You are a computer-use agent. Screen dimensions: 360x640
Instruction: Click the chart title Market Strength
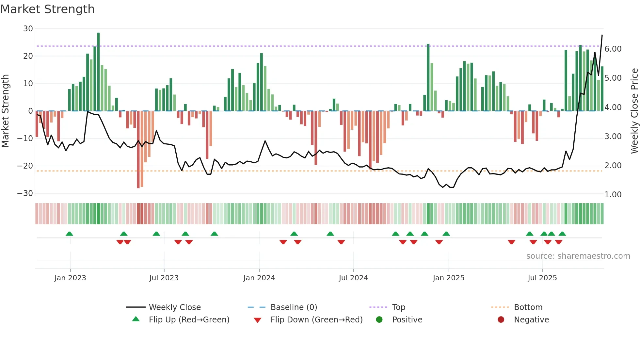click(47, 9)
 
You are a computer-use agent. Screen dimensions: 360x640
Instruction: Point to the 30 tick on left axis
click(28, 29)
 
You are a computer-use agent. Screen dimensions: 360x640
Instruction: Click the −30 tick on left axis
click(25, 193)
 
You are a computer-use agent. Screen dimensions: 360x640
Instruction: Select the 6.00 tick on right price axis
click(613, 49)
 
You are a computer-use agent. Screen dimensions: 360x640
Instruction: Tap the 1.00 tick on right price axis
click(613, 195)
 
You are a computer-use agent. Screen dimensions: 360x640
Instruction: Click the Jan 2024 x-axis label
click(259, 278)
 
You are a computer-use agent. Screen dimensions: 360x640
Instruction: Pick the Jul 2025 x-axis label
click(542, 278)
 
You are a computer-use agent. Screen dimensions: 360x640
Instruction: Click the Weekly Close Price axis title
click(634, 111)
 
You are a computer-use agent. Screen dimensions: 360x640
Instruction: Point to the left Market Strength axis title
click(5, 111)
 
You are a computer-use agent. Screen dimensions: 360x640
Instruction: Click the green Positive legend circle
click(379, 319)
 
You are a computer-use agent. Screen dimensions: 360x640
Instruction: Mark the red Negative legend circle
click(501, 319)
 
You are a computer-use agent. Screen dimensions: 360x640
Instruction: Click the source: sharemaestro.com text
click(578, 256)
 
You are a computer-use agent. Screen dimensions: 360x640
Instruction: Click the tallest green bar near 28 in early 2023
click(98, 72)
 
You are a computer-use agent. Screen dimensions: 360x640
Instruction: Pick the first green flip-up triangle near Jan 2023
click(69, 234)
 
